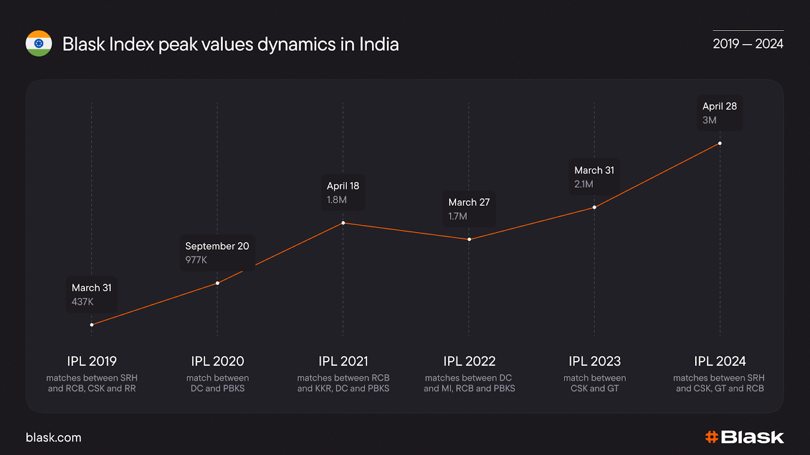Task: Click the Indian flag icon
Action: [39, 43]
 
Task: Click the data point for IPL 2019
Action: [92, 325]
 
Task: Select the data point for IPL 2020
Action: [218, 283]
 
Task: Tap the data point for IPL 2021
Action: [343, 223]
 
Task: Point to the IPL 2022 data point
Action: [469, 239]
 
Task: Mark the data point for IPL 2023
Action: [594, 207]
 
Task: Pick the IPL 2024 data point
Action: [720, 144]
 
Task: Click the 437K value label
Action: [83, 302]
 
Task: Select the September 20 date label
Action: [217, 246]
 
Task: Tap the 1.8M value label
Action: [337, 200]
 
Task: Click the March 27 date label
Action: [469, 202]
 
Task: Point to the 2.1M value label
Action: [584, 184]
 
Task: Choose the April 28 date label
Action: [719, 106]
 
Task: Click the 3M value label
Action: [709, 120]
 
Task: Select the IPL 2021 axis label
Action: [343, 361]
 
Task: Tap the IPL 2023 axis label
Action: [594, 361]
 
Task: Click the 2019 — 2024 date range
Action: [748, 44]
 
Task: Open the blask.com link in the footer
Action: [54, 437]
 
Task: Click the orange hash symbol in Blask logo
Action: [712, 437]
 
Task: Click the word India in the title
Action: [379, 44]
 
